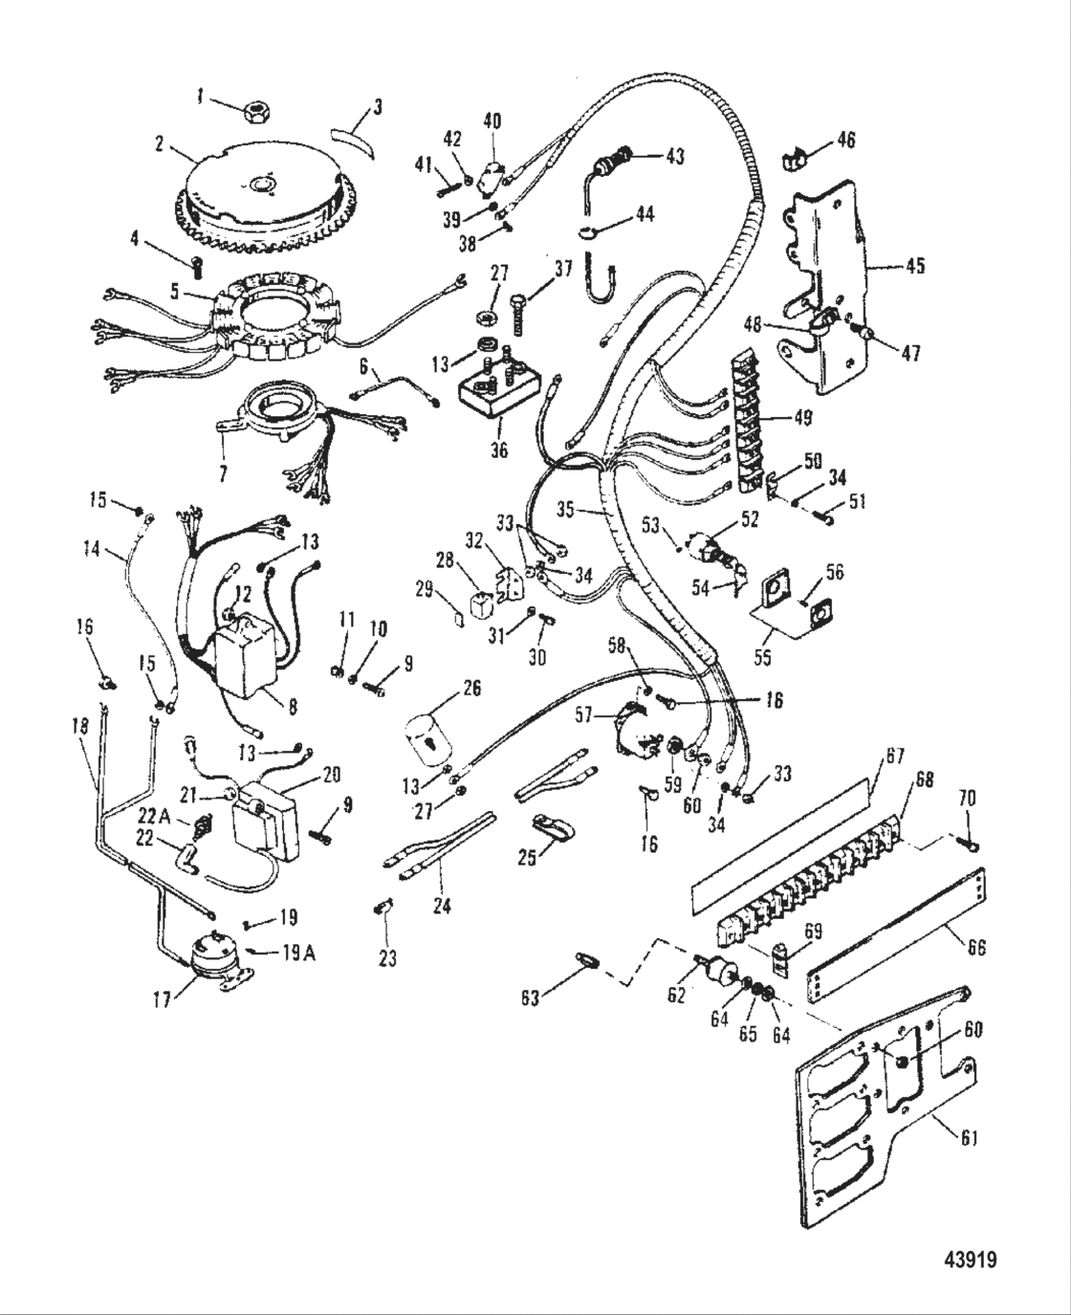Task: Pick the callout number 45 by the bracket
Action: click(915, 266)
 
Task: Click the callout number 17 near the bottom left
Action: click(162, 999)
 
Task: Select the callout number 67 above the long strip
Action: click(894, 756)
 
